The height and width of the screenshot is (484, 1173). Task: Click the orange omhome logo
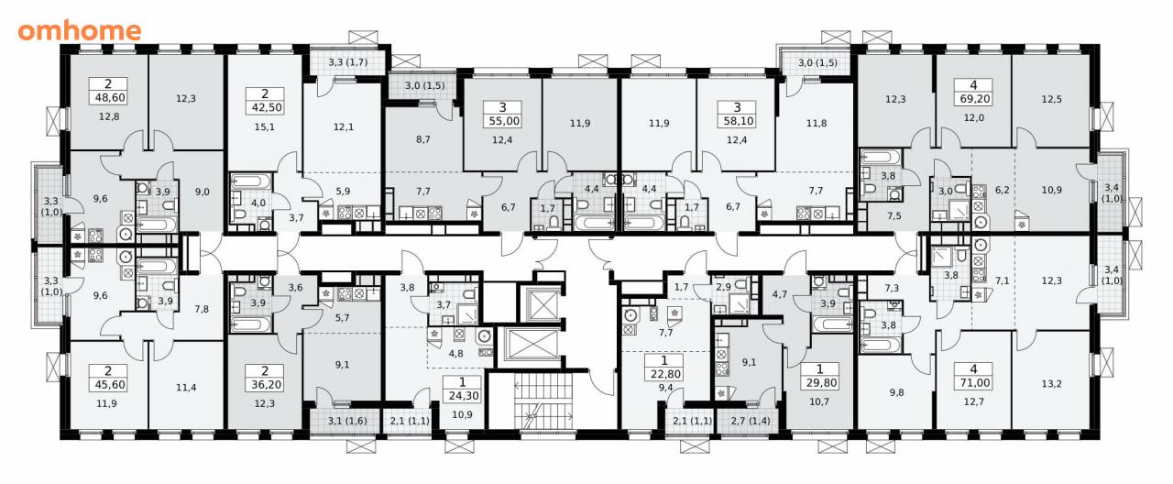(80, 31)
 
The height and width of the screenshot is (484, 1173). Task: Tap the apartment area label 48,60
(108, 97)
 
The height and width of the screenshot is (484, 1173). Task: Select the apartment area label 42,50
(265, 108)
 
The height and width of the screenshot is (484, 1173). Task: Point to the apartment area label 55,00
(503, 121)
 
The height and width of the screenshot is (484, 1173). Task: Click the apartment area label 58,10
(738, 121)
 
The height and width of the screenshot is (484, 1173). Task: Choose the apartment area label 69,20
(973, 98)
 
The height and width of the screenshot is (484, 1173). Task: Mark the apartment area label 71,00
(973, 383)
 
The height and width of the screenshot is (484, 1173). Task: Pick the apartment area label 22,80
(664, 374)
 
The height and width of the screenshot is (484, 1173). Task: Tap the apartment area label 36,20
(265, 385)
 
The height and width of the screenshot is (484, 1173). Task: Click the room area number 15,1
(265, 126)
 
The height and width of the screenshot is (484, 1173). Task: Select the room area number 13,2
(1051, 384)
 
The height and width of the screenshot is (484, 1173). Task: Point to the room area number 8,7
(423, 139)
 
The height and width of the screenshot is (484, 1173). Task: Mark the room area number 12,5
(1051, 100)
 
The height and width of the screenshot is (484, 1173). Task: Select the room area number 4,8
(456, 354)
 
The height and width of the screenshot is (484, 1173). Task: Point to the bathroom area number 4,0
(258, 203)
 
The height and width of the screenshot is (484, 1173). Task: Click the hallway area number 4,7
(780, 294)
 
